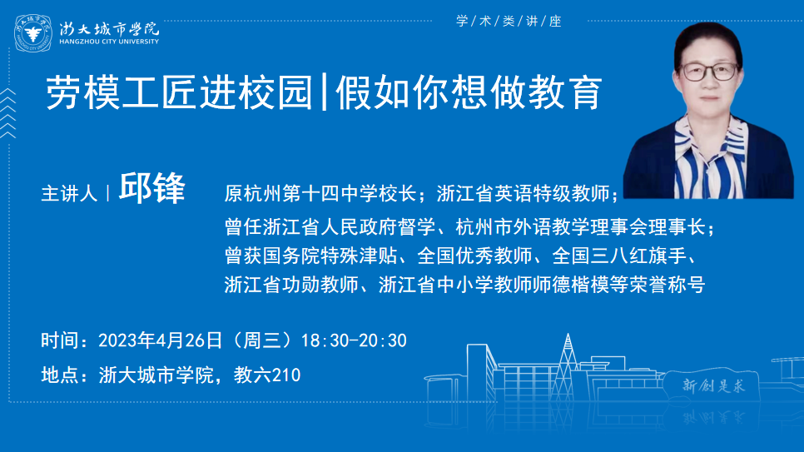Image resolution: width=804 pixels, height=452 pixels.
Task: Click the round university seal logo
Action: pyautogui.click(x=32, y=33)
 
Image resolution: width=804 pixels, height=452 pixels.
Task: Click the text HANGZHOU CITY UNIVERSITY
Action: pyautogui.click(x=109, y=42)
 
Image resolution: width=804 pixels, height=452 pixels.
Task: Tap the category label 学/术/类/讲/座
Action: pyautogui.click(x=509, y=21)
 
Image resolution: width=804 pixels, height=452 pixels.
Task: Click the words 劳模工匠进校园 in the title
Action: pyautogui.click(x=179, y=92)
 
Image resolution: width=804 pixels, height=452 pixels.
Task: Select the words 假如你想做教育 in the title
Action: pyautogui.click(x=469, y=92)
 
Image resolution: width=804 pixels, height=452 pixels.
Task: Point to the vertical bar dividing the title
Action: pyautogui.click(x=324, y=92)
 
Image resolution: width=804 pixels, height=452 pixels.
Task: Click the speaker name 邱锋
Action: pyautogui.click(x=151, y=188)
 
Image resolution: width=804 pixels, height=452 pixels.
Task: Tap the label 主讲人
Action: pyautogui.click(x=69, y=194)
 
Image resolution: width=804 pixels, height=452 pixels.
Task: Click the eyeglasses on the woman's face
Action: pyautogui.click(x=710, y=72)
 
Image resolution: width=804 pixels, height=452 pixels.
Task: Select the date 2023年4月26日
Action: pyautogui.click(x=160, y=340)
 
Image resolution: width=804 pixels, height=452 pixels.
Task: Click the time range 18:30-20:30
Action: pyautogui.click(x=354, y=340)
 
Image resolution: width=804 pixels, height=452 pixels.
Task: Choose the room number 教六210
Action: pyautogui.click(x=267, y=375)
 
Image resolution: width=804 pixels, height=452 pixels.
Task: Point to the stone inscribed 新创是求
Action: pyautogui.click(x=712, y=385)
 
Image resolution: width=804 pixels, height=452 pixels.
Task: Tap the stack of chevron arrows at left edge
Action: pyautogui.click(x=7, y=113)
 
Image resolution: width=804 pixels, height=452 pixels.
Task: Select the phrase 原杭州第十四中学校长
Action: pyautogui.click(x=320, y=193)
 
